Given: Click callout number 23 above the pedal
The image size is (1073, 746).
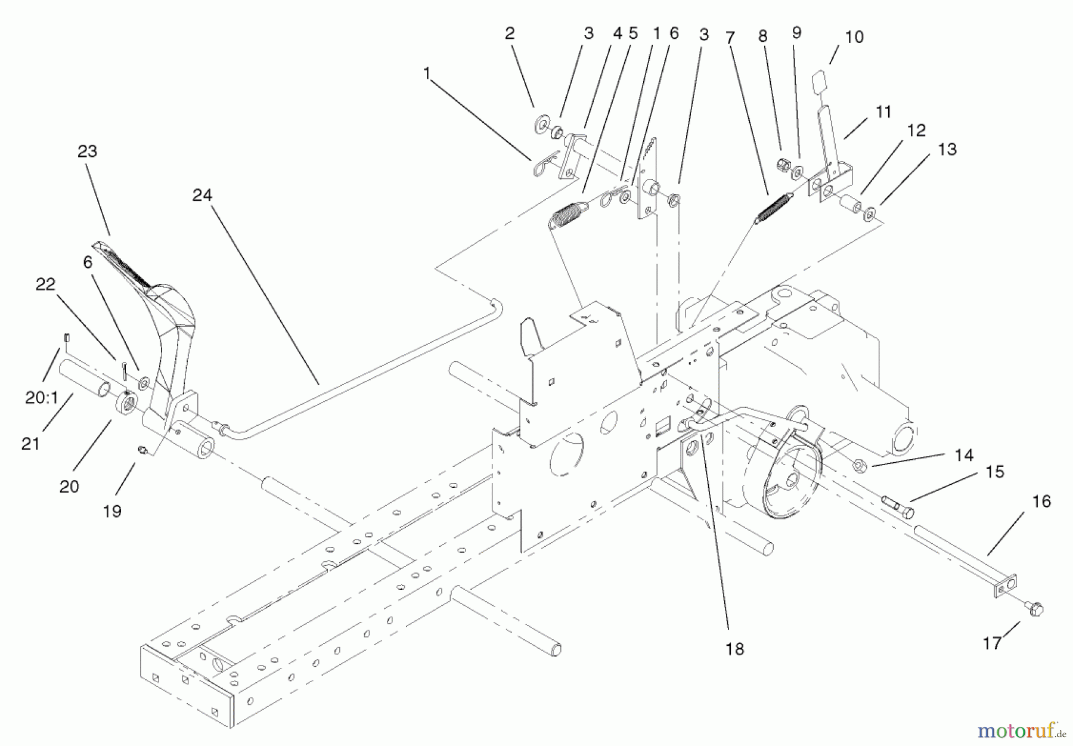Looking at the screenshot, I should [x=87, y=151].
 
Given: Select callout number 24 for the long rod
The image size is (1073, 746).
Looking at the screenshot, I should [x=202, y=195].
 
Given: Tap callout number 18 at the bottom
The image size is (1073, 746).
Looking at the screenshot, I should [x=734, y=649].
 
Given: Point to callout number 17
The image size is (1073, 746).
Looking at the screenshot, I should [x=992, y=643].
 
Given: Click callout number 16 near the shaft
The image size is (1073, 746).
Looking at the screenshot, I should [x=1041, y=502].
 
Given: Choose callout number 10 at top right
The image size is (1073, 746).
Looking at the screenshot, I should [x=854, y=37].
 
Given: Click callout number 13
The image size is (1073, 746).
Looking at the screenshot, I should [x=947, y=149].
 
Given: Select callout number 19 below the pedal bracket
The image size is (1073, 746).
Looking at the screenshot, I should [x=112, y=511].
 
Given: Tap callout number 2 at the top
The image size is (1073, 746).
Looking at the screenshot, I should [x=509, y=33].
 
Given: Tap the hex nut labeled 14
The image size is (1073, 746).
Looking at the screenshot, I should [x=862, y=463].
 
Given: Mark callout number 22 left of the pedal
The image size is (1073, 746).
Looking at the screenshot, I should [x=45, y=284].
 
